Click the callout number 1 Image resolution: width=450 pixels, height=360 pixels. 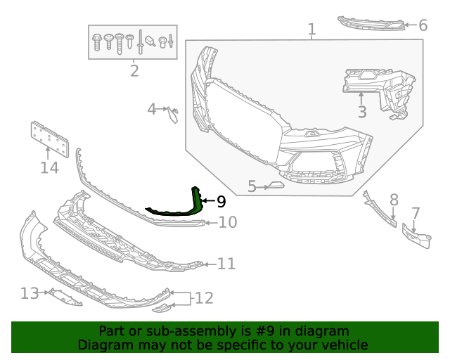click(311, 30)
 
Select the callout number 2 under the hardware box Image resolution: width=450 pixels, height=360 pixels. click(134, 70)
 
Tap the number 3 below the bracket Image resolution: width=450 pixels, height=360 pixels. click(362, 111)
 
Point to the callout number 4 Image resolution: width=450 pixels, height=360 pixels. click(152, 109)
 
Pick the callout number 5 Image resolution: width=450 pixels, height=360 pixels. click(252, 186)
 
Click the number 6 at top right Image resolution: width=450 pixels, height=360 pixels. click(423, 25)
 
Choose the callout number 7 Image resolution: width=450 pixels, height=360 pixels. click(416, 212)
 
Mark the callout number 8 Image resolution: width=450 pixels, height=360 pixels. click(394, 200)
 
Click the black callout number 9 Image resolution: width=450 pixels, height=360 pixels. click(221, 202)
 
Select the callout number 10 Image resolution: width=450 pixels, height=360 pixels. click(227, 223)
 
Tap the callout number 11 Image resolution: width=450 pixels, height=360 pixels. click(226, 264)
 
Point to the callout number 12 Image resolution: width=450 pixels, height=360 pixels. click(203, 298)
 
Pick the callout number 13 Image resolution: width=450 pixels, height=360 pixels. click(30, 292)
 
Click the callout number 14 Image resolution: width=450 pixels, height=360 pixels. click(49, 167)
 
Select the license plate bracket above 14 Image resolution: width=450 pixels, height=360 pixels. click(49, 139)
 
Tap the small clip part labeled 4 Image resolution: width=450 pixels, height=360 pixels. click(174, 112)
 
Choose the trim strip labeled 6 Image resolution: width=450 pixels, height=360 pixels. click(371, 22)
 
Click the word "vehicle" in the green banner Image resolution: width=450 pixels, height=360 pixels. click(342, 345)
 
